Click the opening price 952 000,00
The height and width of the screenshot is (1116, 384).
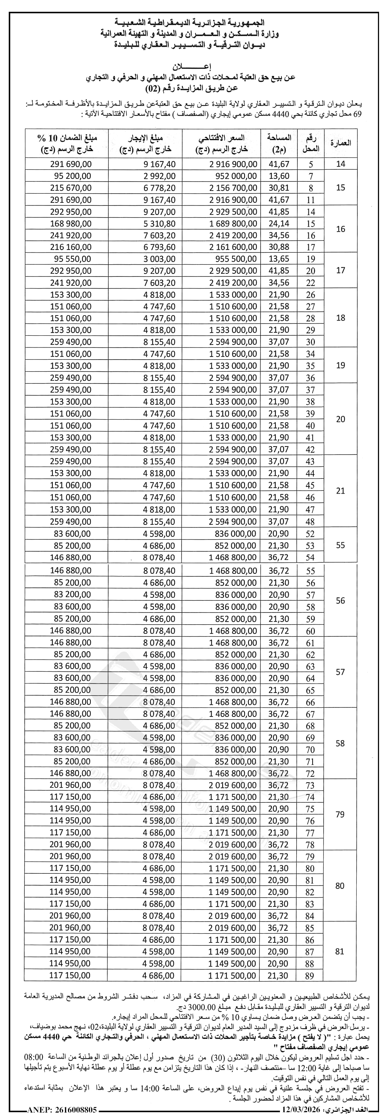coord(236,176)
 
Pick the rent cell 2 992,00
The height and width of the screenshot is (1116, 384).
coord(159,176)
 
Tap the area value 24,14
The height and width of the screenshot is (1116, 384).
coord(279,224)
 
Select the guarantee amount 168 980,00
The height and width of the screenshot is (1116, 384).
coord(71,224)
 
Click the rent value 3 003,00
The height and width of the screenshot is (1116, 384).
coord(159,259)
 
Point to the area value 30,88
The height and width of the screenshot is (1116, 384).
coord(279,247)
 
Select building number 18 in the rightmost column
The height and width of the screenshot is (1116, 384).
coord(341,317)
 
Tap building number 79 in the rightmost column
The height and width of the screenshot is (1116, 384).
coord(340,814)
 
